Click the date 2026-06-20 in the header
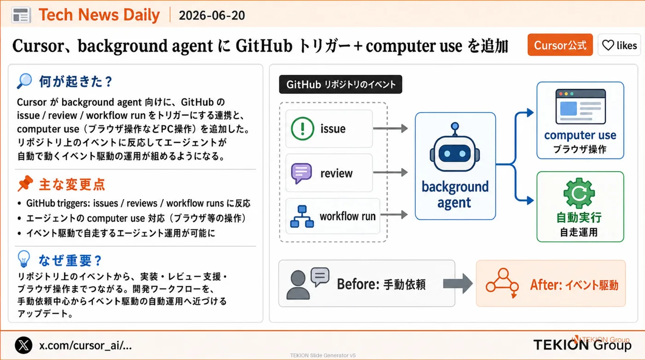pos(212,15)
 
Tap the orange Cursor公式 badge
pos(560,45)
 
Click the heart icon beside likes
pos(608,45)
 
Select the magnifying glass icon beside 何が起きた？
pos(24,81)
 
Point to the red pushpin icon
pos(25,183)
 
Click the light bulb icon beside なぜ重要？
pos(23,259)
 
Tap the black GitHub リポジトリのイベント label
pos(340,84)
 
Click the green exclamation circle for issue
pos(302,128)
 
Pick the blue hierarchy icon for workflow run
pos(302,216)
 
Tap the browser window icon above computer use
pos(580,106)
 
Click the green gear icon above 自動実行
pos(579,193)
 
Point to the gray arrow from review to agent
pos(390,172)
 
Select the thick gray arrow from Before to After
pos(458,284)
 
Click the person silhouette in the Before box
pos(298,285)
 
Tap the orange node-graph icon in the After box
pos(503,283)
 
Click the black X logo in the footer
pos(23,345)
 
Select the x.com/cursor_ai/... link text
pos(86,345)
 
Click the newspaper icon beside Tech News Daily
pos(21,15)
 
